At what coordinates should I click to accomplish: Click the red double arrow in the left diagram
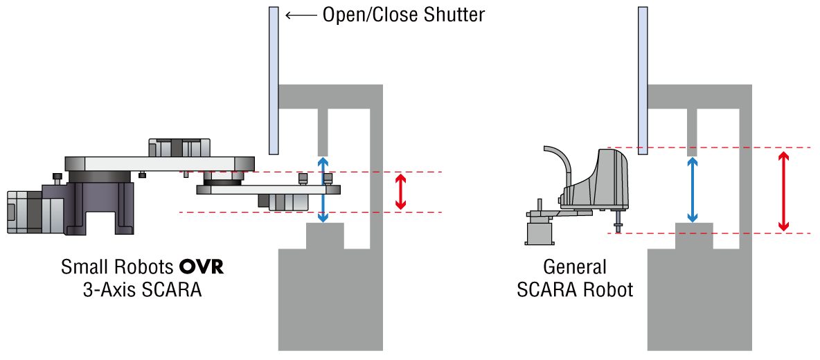pyautogui.click(x=400, y=192)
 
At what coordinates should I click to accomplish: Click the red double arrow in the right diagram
pyautogui.click(x=783, y=191)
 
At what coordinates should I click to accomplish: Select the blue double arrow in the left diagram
pyautogui.click(x=323, y=189)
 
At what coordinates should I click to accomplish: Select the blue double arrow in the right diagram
pyautogui.click(x=692, y=190)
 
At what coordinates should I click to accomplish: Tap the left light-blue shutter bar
pyautogui.click(x=274, y=80)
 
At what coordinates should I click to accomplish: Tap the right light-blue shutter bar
pyautogui.click(x=643, y=80)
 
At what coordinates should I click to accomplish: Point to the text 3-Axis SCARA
pyautogui.click(x=142, y=289)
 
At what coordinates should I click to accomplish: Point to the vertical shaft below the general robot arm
pyautogui.click(x=618, y=219)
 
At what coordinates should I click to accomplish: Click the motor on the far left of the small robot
pyautogui.click(x=24, y=212)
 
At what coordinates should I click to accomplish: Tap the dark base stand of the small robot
pyautogui.click(x=100, y=208)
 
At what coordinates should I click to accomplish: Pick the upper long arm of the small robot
pyautogui.click(x=159, y=164)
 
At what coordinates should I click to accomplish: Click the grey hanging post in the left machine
pyautogui.click(x=323, y=132)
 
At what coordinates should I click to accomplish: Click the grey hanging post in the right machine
pyautogui.click(x=692, y=132)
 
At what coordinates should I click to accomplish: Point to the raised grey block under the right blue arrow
pyautogui.click(x=694, y=235)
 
